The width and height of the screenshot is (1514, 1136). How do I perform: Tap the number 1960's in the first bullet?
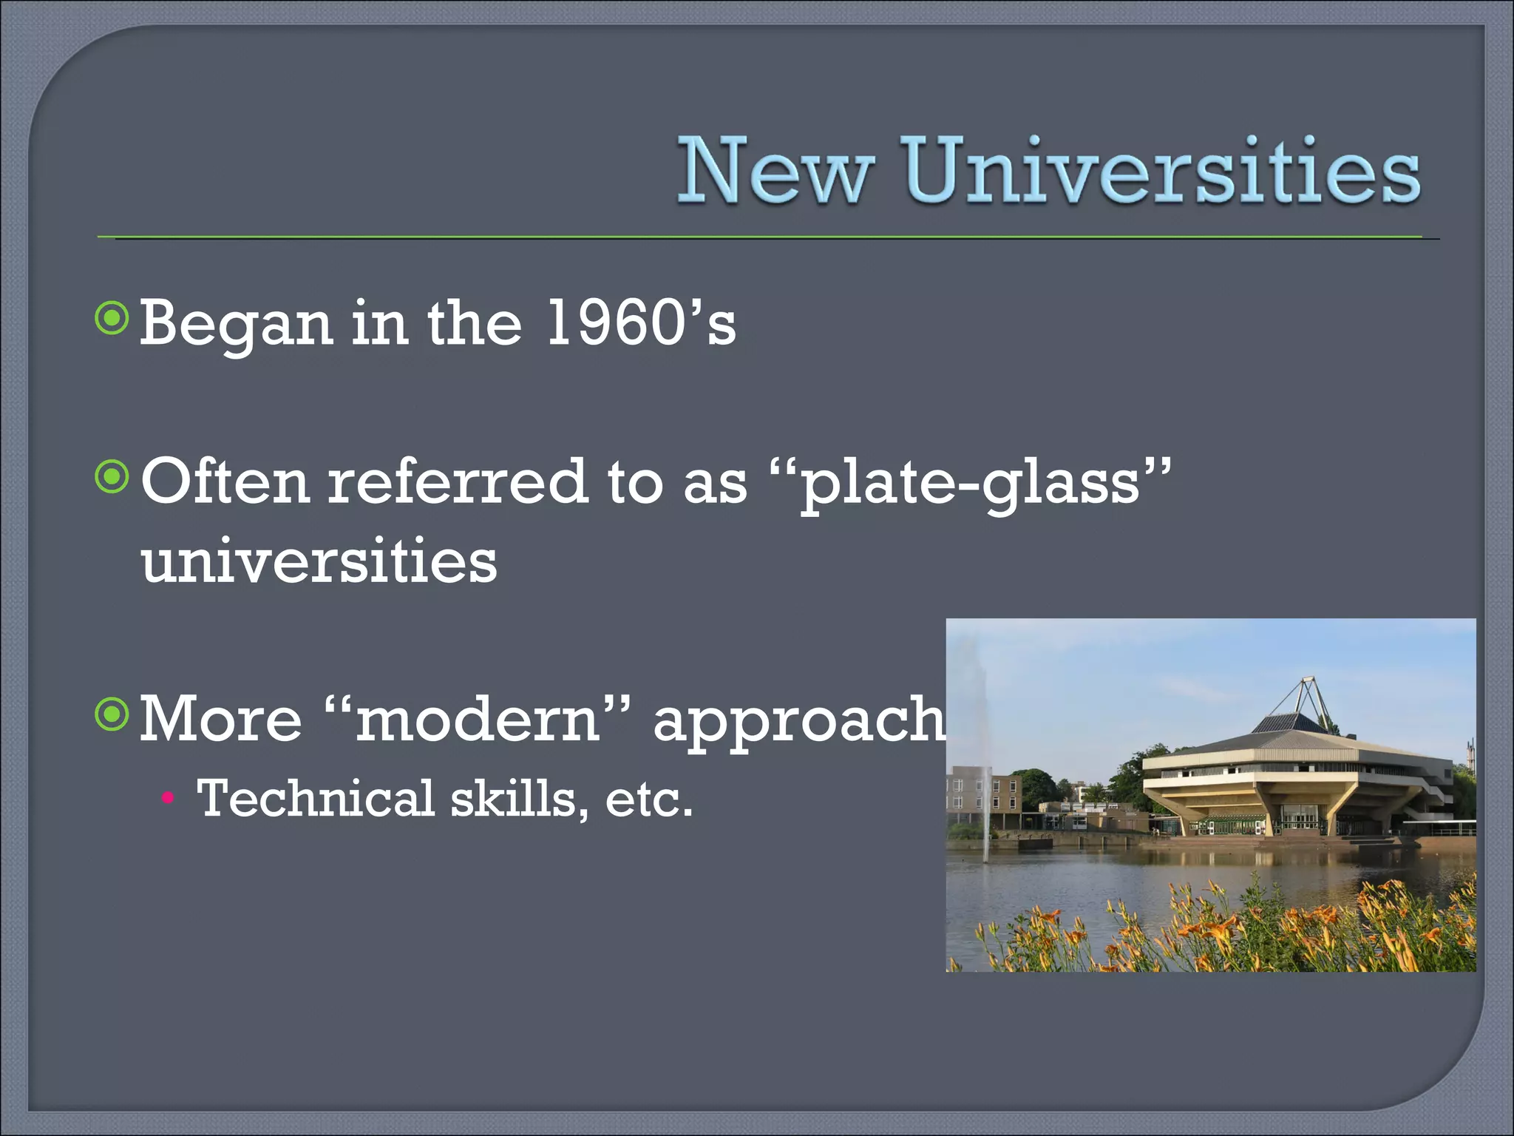coord(640,323)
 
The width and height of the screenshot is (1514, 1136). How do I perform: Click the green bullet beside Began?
coord(112,319)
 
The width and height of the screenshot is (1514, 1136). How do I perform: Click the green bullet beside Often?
coord(112,477)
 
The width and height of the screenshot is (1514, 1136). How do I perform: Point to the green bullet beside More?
coord(112,714)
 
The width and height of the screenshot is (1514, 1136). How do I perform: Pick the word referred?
coord(458,482)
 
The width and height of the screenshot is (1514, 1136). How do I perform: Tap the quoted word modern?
coord(478,720)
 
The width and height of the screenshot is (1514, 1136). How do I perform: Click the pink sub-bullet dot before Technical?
coord(168,798)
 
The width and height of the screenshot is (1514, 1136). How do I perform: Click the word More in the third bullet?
coord(220,719)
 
